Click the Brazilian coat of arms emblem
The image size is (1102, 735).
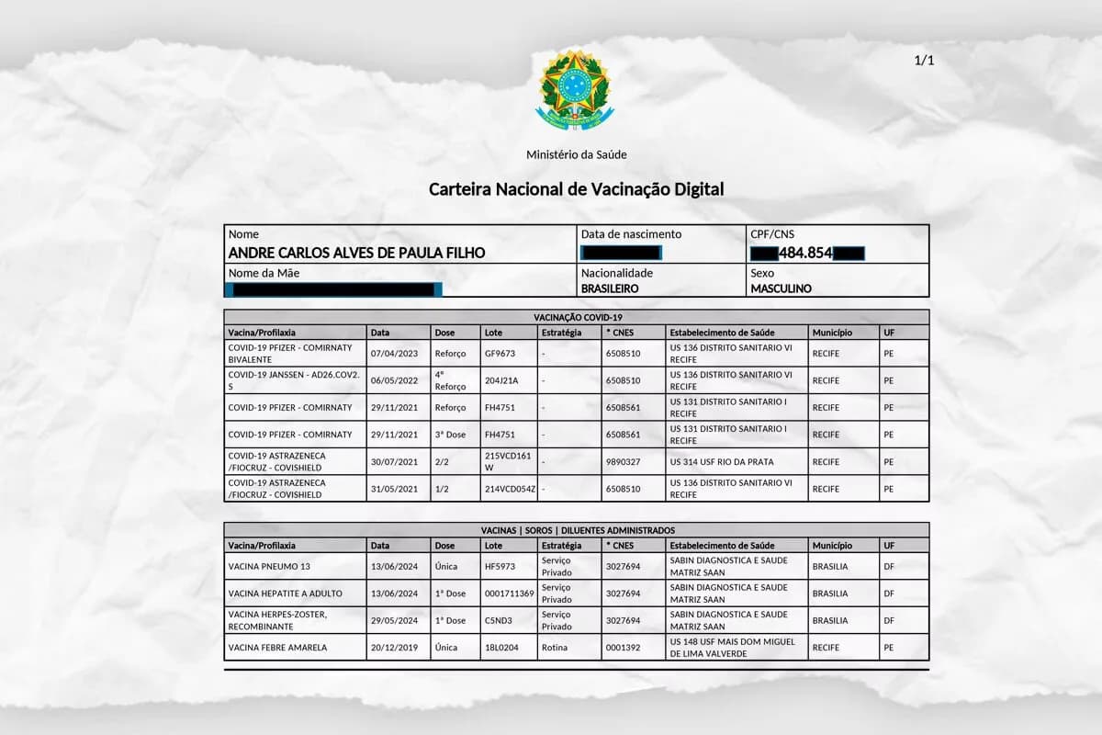574,90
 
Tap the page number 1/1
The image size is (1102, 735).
924,61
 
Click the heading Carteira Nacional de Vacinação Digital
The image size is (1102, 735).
576,189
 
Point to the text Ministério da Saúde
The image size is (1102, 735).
576,154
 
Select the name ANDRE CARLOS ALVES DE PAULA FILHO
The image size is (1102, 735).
356,253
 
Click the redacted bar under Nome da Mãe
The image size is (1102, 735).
334,289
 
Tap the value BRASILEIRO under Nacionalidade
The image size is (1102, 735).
610,288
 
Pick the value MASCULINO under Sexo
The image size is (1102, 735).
781,288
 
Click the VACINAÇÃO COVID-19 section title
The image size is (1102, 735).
576,317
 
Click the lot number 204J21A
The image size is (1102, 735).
501,380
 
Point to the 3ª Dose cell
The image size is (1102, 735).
451,435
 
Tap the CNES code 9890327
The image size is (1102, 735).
623,462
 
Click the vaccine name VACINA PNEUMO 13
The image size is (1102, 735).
269,567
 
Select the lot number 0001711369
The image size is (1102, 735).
509,594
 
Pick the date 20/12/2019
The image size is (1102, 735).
393,648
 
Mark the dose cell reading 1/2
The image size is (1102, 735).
444,489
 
